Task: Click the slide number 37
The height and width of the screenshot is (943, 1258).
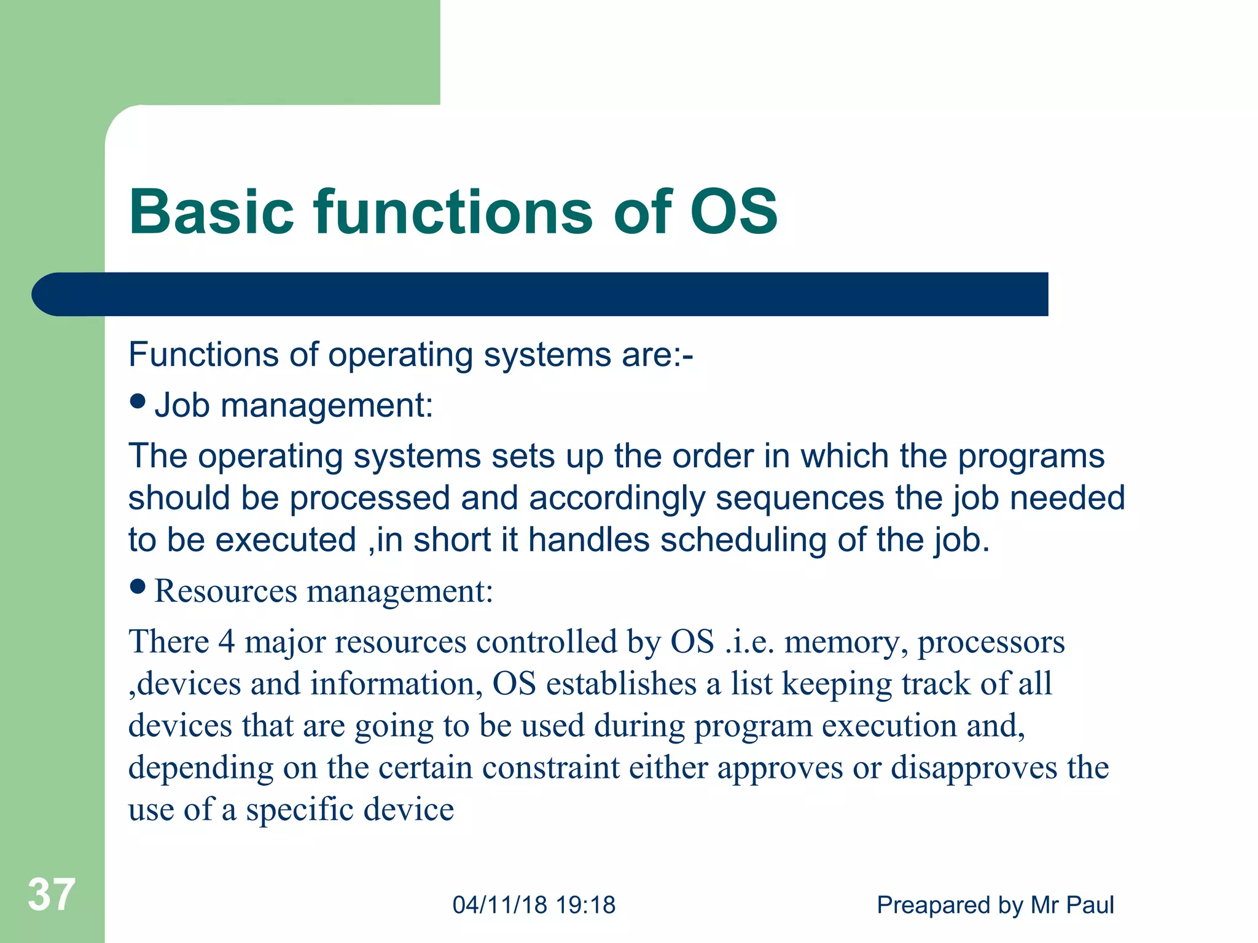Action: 52,894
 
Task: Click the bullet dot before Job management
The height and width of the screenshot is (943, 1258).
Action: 138,402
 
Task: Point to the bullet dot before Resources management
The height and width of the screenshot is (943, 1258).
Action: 138,587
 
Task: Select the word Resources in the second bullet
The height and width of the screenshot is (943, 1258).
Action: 225,591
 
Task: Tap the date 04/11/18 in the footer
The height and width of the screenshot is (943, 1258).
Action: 499,905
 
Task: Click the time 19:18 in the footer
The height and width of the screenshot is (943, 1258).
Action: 585,905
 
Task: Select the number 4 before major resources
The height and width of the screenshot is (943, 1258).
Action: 227,642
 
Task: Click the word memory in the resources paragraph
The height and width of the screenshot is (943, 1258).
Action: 845,643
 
